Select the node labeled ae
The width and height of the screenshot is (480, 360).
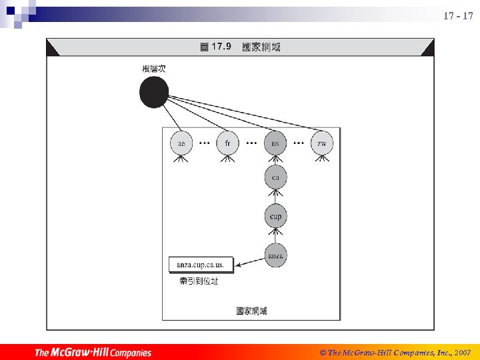point(181,143)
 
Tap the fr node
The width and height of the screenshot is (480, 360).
point(228,143)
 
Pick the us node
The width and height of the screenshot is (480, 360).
point(275,143)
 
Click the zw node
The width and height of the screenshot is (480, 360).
point(322,143)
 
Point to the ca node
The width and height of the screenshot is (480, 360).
point(275,177)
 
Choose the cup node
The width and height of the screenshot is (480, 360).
point(275,217)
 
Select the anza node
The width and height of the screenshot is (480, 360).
point(275,255)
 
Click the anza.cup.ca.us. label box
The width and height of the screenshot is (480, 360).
point(201,265)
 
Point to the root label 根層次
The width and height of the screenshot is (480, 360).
point(155,69)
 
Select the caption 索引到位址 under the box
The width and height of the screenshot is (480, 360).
point(199,281)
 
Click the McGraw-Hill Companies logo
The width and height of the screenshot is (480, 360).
point(93,352)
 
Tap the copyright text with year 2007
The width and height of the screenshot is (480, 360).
point(395,352)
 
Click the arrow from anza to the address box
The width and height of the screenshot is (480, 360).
point(250,262)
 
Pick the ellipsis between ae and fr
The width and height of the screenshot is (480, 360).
point(205,143)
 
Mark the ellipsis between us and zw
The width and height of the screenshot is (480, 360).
point(299,143)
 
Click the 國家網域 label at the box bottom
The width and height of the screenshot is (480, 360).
point(251,311)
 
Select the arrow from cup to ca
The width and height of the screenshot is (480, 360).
point(275,197)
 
